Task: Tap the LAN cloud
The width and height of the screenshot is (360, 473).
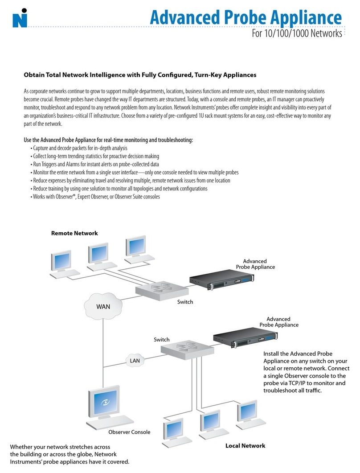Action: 134,359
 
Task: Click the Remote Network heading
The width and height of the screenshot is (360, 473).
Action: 74,233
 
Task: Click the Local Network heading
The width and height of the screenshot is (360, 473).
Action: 245,445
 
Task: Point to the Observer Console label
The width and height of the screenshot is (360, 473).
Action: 129,432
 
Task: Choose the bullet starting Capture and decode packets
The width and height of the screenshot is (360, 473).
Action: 79,148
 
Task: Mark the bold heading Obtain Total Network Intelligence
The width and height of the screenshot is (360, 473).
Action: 139,75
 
